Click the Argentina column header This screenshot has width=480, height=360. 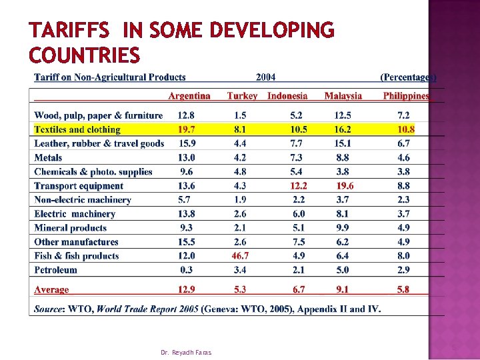coord(189,96)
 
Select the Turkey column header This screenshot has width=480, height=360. coord(242,96)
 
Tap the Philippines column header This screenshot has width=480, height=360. coord(406,96)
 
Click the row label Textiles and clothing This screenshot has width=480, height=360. coord(77,129)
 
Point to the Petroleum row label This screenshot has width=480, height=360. coord(55,270)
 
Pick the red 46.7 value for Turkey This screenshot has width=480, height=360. coord(241,256)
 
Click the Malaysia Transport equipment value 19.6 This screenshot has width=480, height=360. coord(345,186)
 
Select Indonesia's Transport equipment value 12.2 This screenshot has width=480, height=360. coord(299,186)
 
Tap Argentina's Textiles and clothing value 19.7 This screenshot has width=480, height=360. coord(187,129)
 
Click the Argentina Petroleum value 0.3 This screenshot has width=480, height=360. coord(187,270)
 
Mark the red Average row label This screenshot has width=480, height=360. coord(51,289)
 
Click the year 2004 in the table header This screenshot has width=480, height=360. coord(265,77)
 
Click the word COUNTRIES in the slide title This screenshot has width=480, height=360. coord(85,54)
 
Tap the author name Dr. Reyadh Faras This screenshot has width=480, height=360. coord(186,351)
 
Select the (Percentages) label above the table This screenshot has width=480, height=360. coord(408,77)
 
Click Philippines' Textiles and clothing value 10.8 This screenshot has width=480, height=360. coord(405,129)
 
